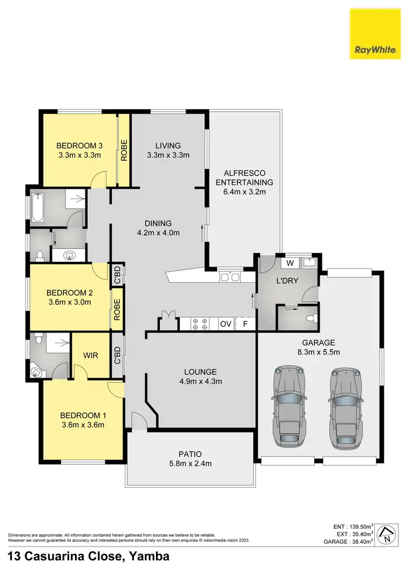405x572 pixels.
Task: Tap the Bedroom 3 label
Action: (79, 145)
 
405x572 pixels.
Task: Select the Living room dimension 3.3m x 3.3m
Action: (168, 155)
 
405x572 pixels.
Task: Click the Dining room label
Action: (158, 223)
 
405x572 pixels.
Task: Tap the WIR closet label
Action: (90, 356)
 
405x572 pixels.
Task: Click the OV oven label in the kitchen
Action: (226, 324)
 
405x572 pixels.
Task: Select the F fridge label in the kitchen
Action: (245, 324)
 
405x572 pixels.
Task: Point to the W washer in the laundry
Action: (290, 263)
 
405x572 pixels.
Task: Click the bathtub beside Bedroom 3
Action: (38, 207)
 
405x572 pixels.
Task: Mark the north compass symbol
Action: (388, 535)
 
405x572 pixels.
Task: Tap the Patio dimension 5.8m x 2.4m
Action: (191, 463)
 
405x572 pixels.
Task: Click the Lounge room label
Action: (200, 372)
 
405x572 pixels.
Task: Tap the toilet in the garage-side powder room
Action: (311, 318)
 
